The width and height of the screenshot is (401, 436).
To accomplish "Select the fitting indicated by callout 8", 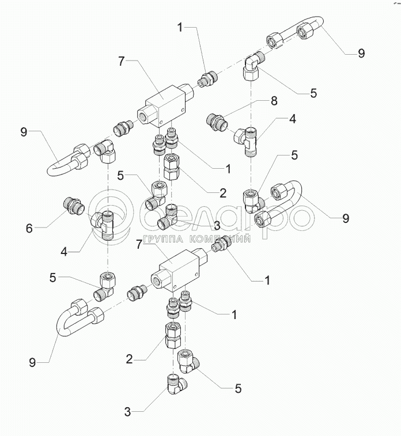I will [x=218, y=122].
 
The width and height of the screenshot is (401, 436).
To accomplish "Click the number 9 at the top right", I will [x=361, y=53].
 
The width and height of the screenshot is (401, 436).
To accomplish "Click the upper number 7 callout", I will [x=122, y=60].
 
